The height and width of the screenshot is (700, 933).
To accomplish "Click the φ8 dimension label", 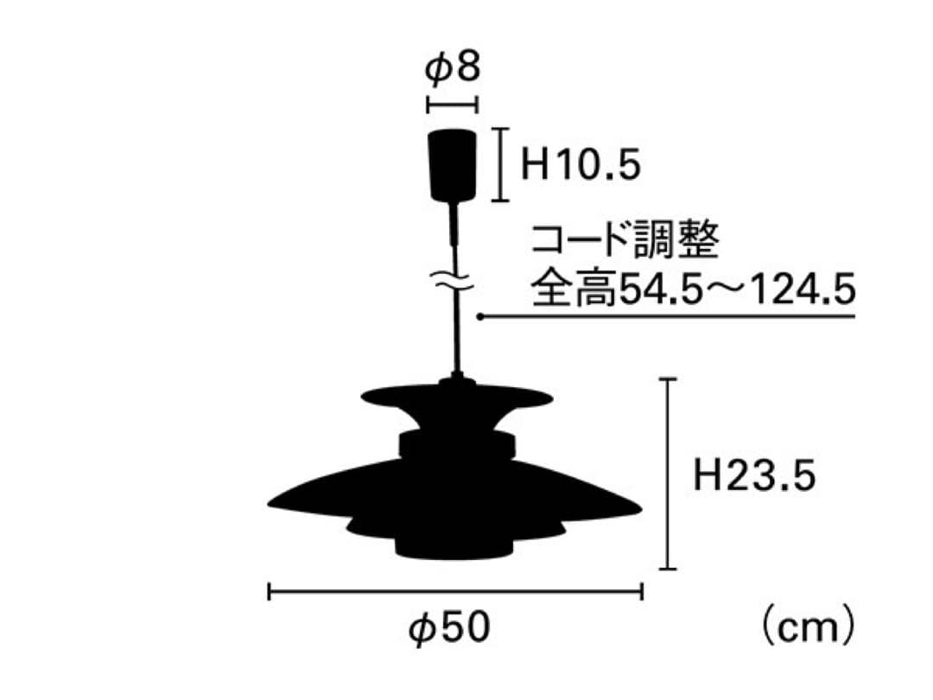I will (x=452, y=69).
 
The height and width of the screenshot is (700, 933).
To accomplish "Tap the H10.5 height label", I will (x=581, y=164).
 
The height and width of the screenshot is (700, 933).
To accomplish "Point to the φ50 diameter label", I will (x=449, y=629).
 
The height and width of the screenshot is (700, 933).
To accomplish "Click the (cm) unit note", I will (x=808, y=628).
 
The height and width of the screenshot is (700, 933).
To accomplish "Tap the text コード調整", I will (x=624, y=242).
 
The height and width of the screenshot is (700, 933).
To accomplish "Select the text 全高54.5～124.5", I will (x=692, y=290).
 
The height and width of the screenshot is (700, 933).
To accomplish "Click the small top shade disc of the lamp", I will (x=456, y=398).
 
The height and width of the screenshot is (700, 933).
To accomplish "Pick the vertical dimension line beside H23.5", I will (x=667, y=474).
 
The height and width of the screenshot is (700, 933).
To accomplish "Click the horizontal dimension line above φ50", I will (x=455, y=592).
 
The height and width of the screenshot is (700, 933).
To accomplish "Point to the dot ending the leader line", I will (x=479, y=317).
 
